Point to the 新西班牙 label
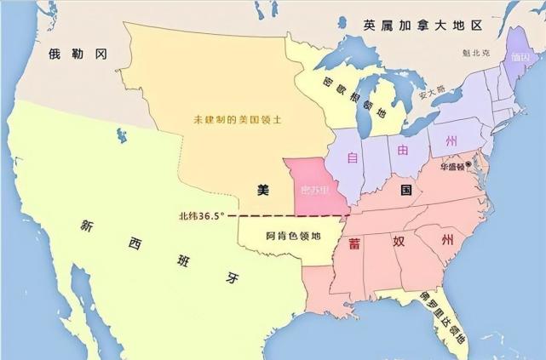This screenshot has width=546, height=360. coord(158,251)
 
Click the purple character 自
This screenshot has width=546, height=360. coord(352,157)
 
